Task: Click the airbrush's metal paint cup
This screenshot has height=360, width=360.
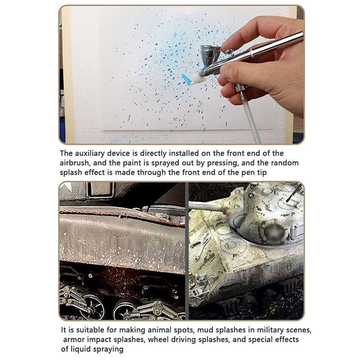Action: (210, 54)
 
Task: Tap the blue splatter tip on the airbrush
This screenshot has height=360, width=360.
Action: (186, 79)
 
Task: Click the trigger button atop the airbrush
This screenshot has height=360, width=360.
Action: (229, 52)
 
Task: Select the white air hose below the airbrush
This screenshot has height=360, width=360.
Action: (250, 117)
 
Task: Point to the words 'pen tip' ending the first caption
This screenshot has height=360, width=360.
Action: (254, 173)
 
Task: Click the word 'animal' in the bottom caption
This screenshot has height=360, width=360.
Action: (161, 330)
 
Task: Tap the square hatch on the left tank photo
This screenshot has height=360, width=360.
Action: (100, 189)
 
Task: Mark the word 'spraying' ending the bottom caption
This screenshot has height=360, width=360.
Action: (108, 350)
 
